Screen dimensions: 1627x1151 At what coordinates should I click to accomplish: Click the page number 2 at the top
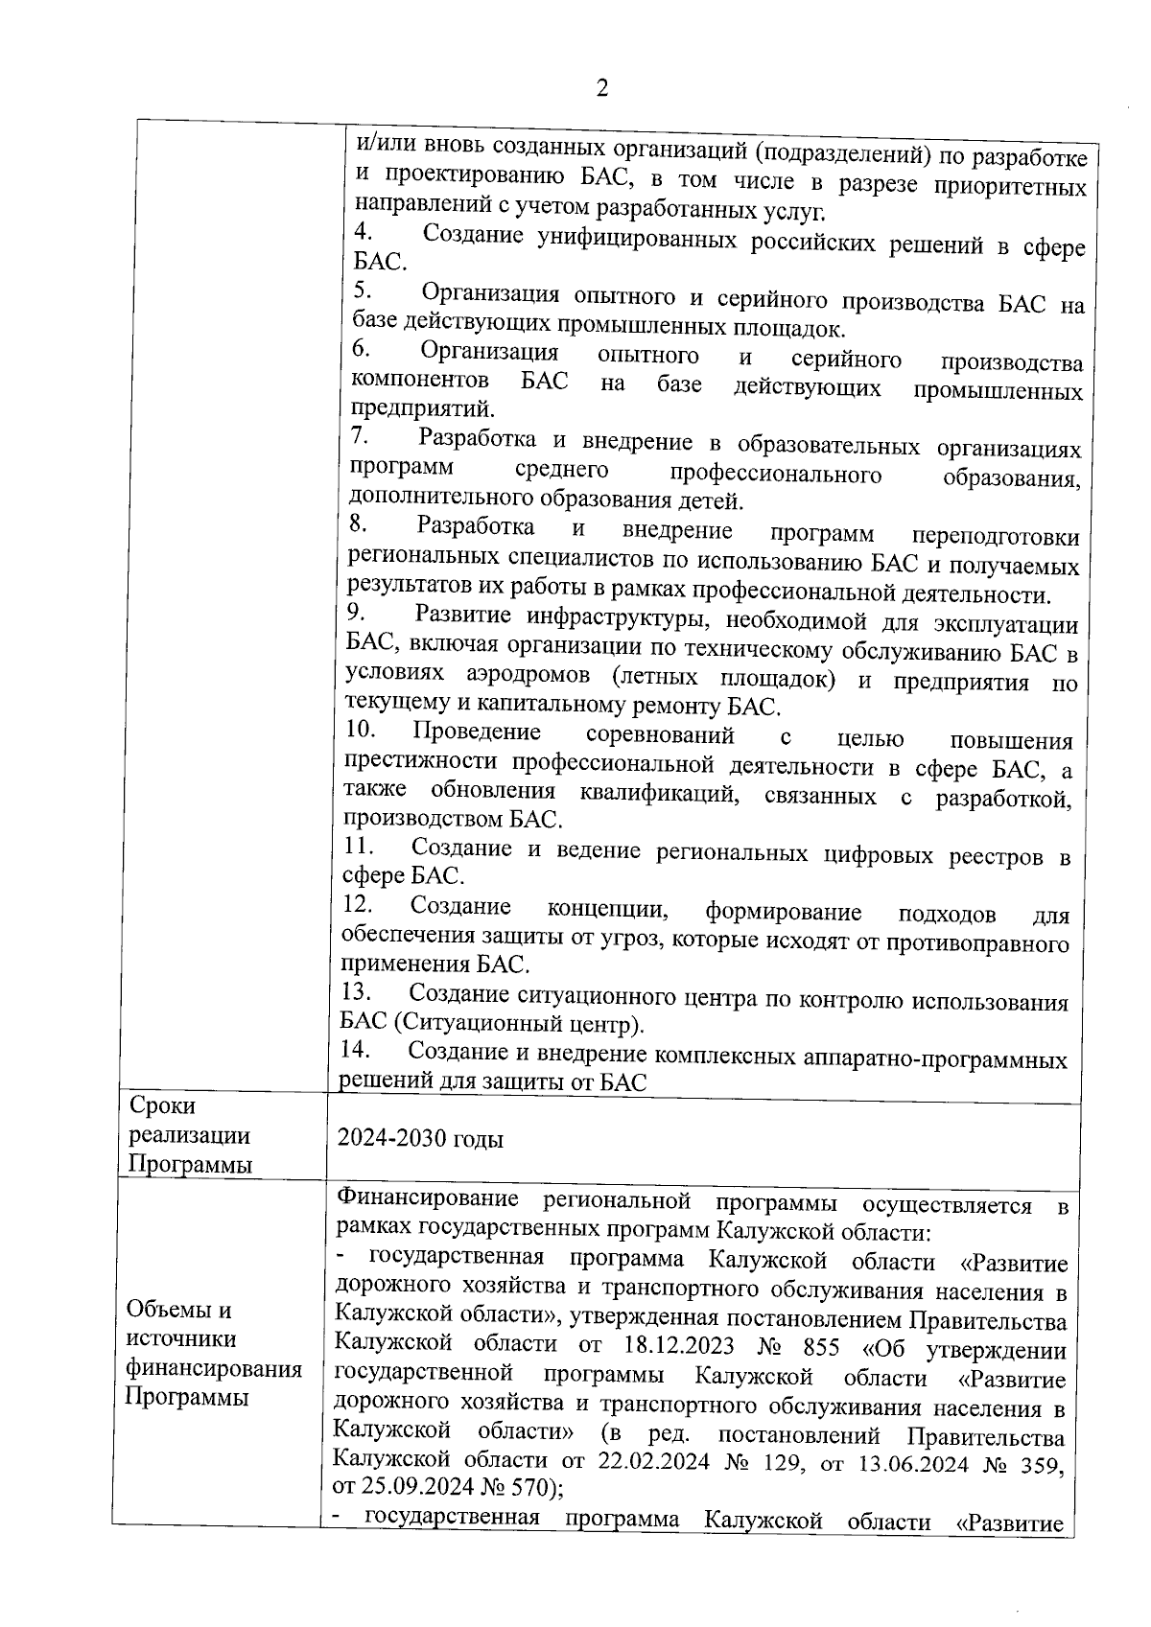[601, 89]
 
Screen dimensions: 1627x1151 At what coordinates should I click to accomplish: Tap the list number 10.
[360, 731]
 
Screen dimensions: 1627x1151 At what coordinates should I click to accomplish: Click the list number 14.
[356, 1050]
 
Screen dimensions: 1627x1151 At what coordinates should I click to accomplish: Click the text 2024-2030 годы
[419, 1139]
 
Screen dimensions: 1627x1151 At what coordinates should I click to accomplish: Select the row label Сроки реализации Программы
[189, 1135]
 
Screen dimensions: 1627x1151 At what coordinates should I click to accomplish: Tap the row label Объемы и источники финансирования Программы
[213, 1353]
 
